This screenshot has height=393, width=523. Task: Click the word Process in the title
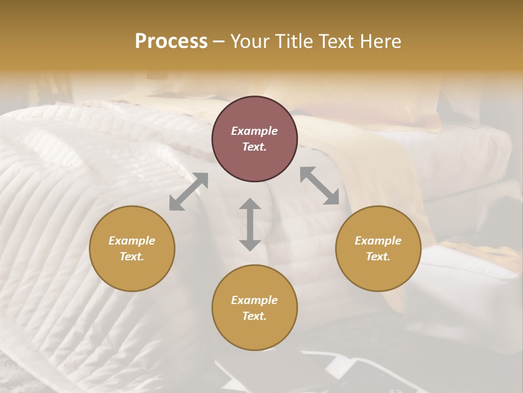[x=171, y=41]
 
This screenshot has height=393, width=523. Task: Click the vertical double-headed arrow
[x=250, y=224]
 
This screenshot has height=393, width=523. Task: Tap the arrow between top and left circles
[x=188, y=192]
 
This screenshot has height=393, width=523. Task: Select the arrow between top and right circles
[x=319, y=186]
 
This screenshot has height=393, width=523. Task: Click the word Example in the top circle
[x=254, y=131]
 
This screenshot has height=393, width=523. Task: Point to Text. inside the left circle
[x=132, y=257]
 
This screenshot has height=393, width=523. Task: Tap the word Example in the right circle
[x=378, y=241]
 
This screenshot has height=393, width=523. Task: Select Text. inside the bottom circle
[x=254, y=316]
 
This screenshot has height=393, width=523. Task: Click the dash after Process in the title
[x=219, y=41]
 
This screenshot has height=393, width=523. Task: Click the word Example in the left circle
[x=132, y=241]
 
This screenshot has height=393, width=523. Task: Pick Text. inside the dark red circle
[x=254, y=147]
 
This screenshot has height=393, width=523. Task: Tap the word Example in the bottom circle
[x=254, y=300]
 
